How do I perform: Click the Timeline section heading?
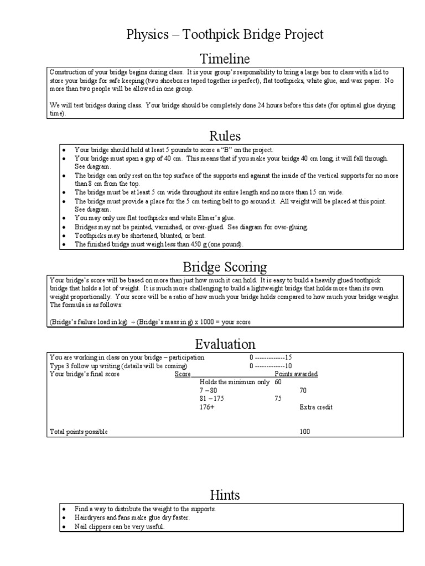click(x=225, y=59)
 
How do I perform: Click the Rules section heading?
click(x=225, y=135)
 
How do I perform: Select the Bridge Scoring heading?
click(x=225, y=267)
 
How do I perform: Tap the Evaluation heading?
click(x=225, y=344)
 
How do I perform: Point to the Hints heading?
click(x=225, y=494)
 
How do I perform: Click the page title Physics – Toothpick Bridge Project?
click(x=225, y=35)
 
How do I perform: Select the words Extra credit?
click(x=316, y=407)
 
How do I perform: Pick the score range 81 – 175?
click(x=212, y=399)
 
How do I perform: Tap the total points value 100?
click(x=305, y=432)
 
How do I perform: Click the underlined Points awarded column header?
click(x=296, y=374)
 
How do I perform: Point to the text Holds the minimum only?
click(x=234, y=382)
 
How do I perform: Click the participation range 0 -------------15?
click(x=270, y=358)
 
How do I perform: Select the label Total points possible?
click(x=79, y=432)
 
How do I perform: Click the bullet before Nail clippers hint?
click(x=65, y=527)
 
